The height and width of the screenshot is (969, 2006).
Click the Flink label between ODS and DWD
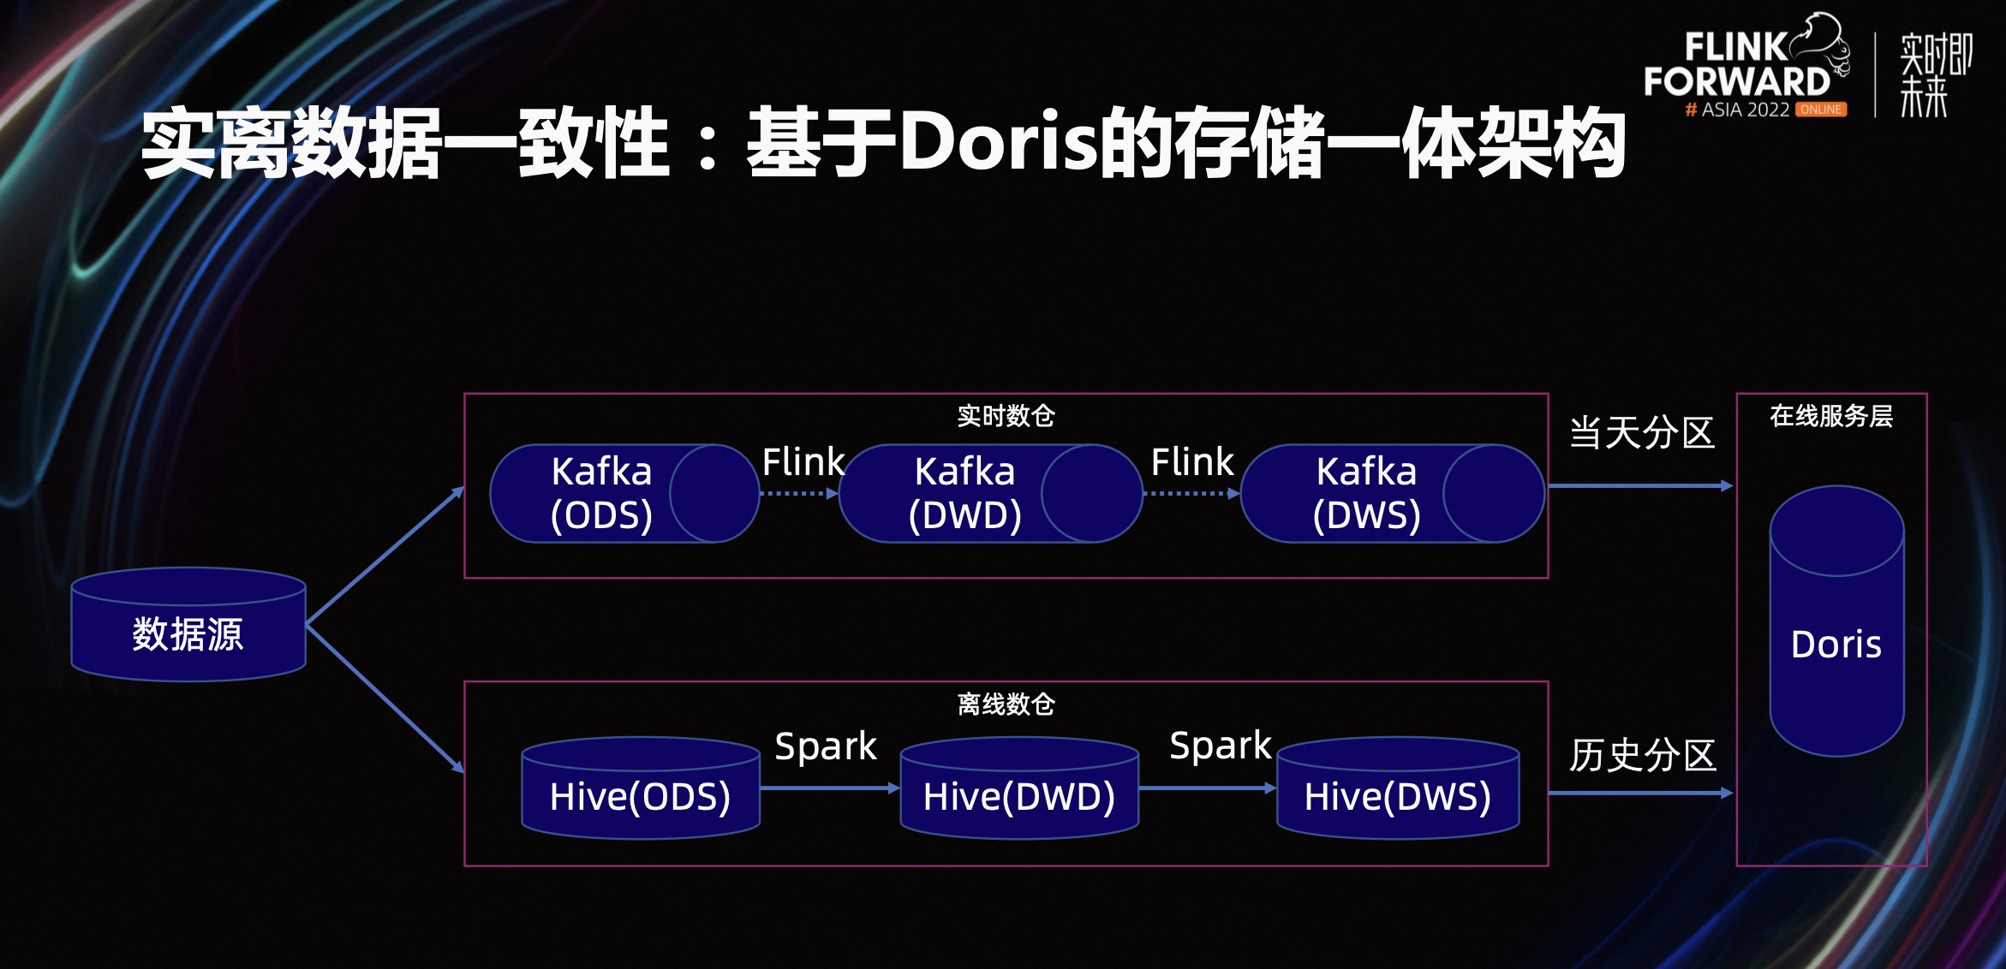click(x=803, y=462)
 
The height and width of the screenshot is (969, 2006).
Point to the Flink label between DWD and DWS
click(x=1191, y=462)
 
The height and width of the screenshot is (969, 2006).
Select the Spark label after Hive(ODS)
click(x=826, y=746)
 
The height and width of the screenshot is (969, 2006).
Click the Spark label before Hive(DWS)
click(x=1221, y=746)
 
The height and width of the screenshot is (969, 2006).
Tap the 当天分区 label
click(x=1641, y=433)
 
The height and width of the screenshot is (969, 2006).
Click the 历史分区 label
click(x=1642, y=755)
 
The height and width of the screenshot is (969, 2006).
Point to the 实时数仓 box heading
click(x=1006, y=416)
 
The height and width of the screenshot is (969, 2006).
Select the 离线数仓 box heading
click(x=1006, y=704)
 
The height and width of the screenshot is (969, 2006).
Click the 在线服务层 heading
click(x=1831, y=416)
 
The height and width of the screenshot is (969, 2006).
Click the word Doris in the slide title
click(x=999, y=143)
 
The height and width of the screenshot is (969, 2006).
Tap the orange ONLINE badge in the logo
click(x=1821, y=110)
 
